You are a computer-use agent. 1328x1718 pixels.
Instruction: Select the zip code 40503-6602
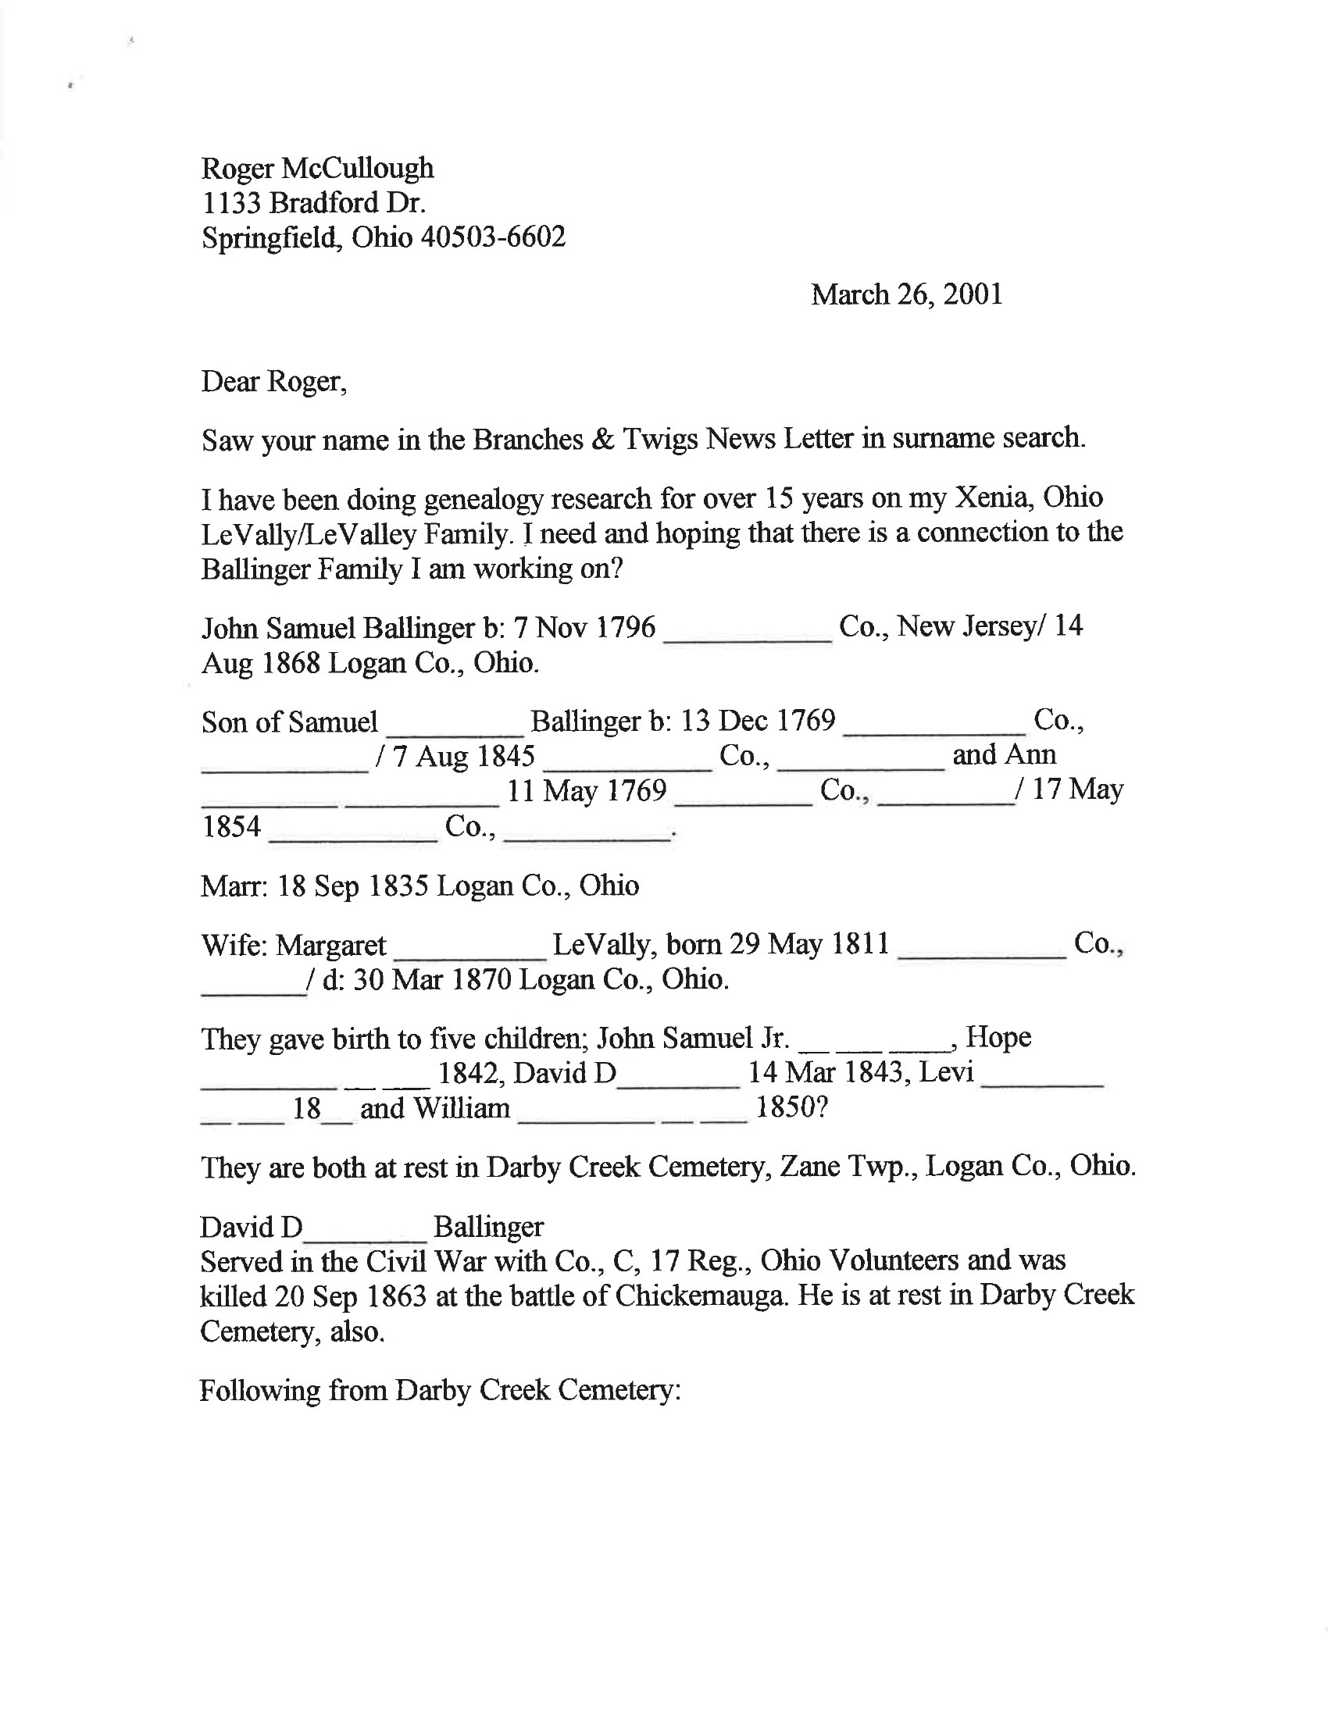(x=492, y=237)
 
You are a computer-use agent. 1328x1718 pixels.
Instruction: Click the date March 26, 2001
(x=906, y=295)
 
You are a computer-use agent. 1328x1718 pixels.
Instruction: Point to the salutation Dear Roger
(x=273, y=382)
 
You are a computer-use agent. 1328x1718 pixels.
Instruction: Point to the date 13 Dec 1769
(x=757, y=720)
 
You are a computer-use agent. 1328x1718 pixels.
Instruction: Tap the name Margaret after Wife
(x=330, y=945)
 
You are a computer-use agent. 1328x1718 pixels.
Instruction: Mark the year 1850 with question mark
(x=791, y=1108)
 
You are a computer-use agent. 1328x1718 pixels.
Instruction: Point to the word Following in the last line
(x=259, y=1391)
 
